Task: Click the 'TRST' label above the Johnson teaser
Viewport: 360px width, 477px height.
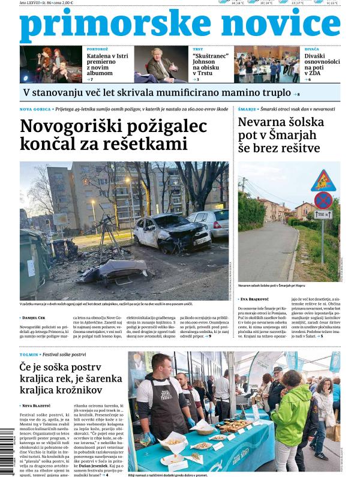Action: click(197, 49)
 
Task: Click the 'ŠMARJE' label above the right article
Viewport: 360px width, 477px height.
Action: click(247, 110)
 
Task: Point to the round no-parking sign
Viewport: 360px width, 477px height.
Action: click(323, 199)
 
